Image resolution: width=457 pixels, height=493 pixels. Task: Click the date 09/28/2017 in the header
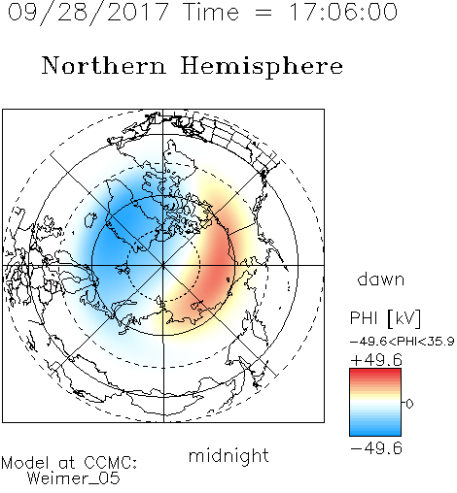click(88, 13)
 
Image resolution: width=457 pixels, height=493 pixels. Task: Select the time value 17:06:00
click(343, 12)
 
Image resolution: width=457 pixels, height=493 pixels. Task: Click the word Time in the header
click(211, 12)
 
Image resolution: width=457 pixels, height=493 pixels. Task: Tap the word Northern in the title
click(104, 65)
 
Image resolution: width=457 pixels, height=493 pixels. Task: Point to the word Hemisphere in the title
click(262, 66)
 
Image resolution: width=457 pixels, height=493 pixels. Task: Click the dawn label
click(381, 279)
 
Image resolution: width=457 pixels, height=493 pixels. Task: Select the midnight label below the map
click(228, 455)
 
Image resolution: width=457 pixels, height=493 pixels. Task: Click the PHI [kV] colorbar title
click(386, 318)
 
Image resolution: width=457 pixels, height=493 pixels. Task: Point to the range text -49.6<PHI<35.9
click(403, 342)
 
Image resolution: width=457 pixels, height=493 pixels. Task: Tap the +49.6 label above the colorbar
click(376, 360)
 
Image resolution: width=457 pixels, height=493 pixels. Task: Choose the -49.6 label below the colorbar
click(376, 448)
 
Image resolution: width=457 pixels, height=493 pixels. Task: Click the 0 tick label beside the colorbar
click(409, 404)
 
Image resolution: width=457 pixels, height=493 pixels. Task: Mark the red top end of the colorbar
click(375, 372)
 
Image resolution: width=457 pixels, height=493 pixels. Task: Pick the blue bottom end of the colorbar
click(375, 433)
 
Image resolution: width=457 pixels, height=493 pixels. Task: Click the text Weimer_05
click(73, 478)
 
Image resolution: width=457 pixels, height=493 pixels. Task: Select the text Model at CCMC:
click(69, 463)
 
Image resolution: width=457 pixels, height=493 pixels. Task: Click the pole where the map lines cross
click(163, 265)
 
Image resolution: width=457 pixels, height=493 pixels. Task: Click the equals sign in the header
click(263, 14)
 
